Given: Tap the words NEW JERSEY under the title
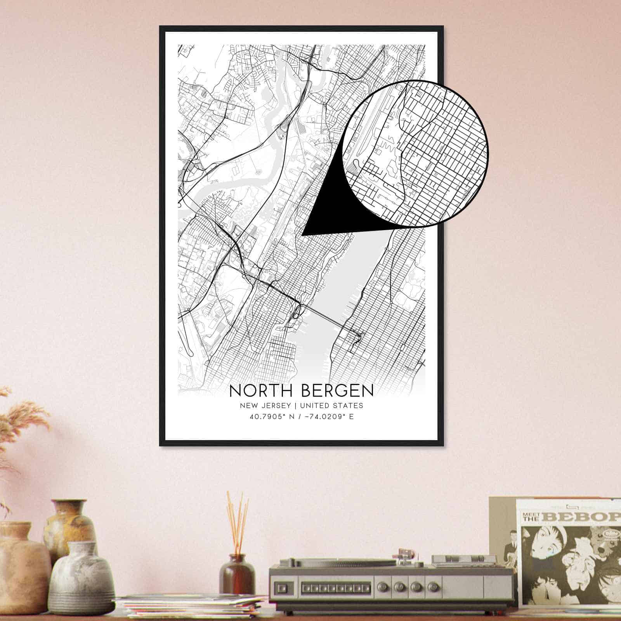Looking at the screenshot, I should [265, 406].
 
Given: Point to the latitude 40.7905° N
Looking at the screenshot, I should [274, 417].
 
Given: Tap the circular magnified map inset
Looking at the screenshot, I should [415, 153].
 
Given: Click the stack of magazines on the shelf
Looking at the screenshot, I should [190, 604].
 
